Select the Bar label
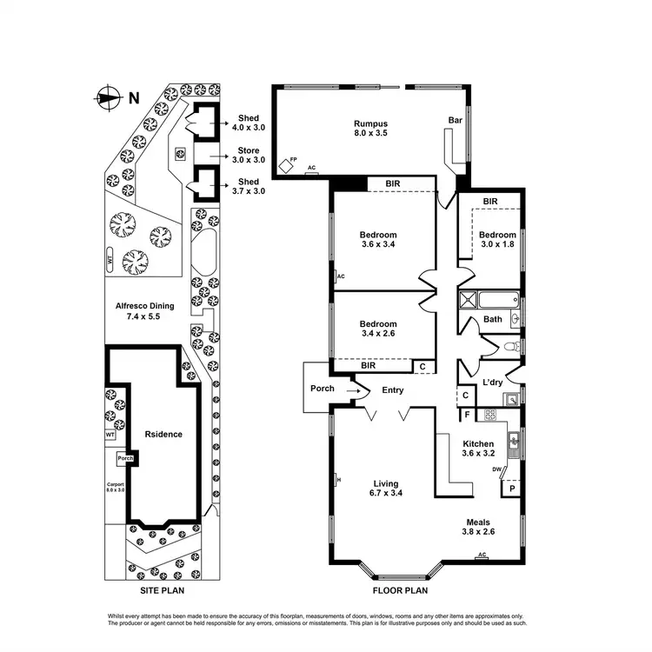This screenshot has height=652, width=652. (454, 120)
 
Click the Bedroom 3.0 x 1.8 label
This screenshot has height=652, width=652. (497, 240)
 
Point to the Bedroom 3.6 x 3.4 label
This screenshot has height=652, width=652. (378, 240)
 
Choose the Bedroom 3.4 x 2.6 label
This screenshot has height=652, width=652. (378, 329)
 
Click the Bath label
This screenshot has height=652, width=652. (493, 319)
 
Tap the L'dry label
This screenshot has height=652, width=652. (494, 383)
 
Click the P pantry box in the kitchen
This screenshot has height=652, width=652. (511, 489)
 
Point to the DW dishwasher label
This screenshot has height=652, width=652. (496, 469)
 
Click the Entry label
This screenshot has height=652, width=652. (393, 390)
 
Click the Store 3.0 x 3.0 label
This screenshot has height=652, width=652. (248, 155)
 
